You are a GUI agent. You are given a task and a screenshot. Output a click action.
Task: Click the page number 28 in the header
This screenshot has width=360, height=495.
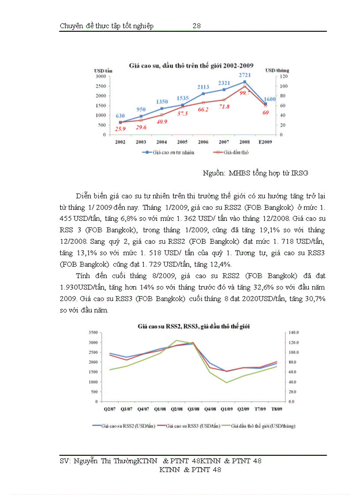197,26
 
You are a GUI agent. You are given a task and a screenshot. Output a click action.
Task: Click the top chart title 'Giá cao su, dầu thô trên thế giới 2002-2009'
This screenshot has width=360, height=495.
194,65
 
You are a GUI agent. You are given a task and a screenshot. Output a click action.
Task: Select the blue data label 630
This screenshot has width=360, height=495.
120,116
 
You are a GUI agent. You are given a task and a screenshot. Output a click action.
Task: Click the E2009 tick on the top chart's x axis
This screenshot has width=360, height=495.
265,142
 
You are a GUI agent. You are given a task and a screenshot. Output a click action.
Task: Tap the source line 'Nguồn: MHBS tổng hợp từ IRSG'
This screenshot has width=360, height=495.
255,173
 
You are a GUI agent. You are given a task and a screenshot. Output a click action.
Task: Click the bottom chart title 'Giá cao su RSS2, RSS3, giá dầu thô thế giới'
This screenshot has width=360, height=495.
194,326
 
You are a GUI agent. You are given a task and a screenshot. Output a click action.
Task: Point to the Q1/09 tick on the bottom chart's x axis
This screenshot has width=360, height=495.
226,409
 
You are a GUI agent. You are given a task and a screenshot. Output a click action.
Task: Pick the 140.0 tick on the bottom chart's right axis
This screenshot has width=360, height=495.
293,332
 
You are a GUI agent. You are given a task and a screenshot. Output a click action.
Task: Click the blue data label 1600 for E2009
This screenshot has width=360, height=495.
269,99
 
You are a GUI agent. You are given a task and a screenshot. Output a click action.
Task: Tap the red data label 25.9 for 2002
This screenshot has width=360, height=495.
120,129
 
